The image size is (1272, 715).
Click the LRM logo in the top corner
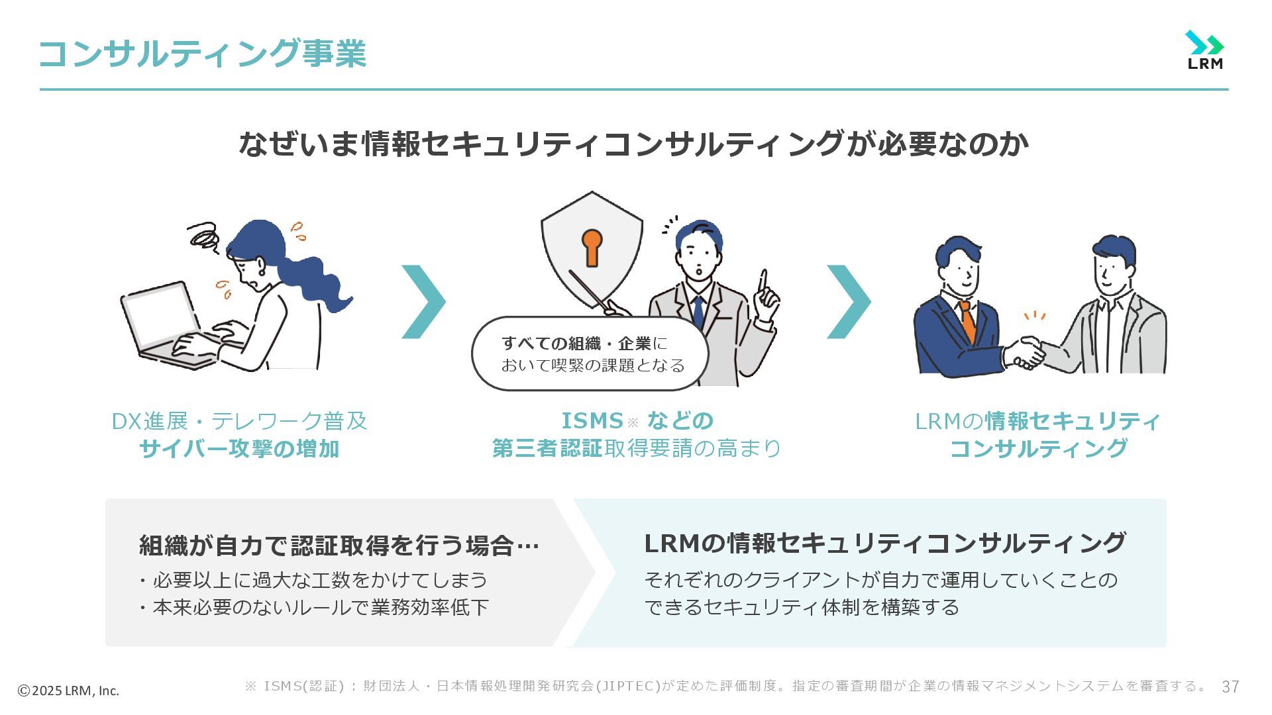point(1204,50)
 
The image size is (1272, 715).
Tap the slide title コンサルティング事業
point(202,54)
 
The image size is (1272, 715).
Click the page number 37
point(1230,687)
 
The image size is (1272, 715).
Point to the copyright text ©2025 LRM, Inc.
point(68,691)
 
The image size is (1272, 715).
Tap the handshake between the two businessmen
point(1024,353)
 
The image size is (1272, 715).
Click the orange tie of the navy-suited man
point(968,320)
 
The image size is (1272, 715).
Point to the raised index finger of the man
point(763,282)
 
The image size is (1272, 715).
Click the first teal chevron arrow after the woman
point(424,302)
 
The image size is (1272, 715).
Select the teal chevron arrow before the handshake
point(849,302)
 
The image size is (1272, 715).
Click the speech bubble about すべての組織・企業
point(590,354)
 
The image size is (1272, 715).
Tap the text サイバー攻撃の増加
point(239,449)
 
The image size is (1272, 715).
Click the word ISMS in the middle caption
point(592,421)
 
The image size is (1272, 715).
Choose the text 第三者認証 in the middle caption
point(547,449)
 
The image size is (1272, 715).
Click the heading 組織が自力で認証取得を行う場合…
point(339,546)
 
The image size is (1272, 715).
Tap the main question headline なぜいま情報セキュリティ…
point(633,144)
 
